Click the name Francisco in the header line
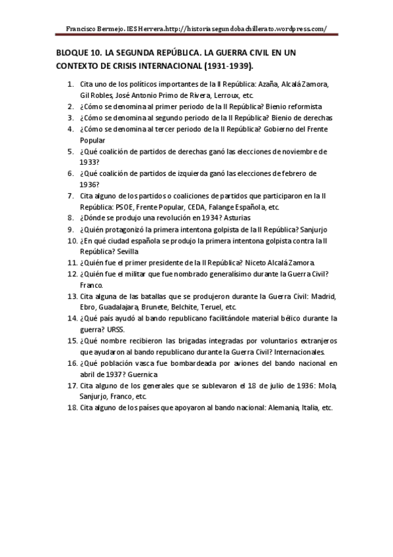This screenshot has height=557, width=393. [83, 28]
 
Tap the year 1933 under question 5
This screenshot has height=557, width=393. [89, 162]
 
